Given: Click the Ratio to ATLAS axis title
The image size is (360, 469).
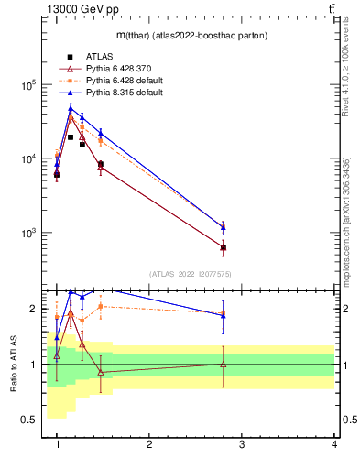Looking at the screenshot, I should tap(12, 365).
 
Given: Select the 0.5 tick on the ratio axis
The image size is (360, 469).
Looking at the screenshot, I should tap(30, 420).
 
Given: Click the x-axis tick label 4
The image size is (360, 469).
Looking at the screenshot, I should tap(334, 444).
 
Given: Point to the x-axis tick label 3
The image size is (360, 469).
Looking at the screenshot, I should tap(242, 444).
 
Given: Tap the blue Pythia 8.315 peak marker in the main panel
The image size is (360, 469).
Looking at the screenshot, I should tap(70, 109).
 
